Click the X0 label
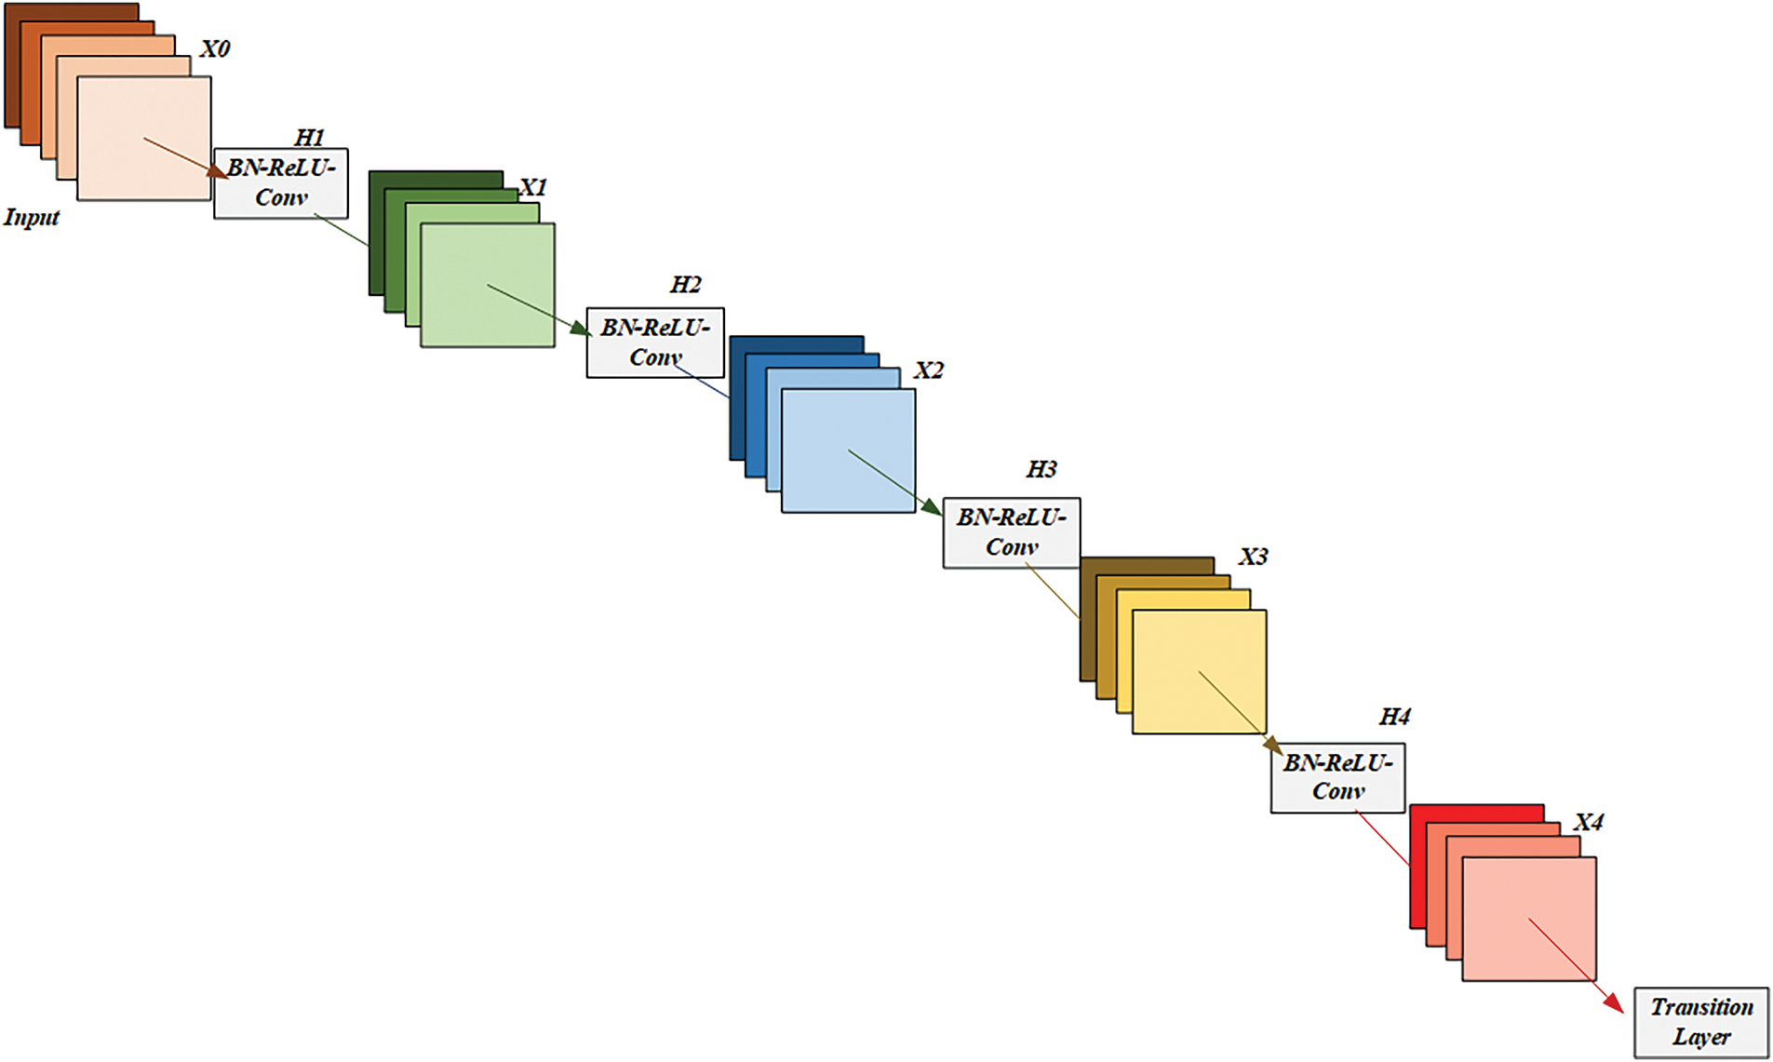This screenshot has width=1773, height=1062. (215, 48)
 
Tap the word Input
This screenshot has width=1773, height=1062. (32, 218)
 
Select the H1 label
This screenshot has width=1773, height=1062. (310, 138)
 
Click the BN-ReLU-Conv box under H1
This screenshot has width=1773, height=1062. (281, 183)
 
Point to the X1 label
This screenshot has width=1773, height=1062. (533, 187)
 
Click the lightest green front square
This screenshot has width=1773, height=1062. (488, 285)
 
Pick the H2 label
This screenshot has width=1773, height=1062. (686, 285)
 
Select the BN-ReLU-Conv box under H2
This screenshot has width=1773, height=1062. (655, 343)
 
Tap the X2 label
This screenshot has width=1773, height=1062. (929, 370)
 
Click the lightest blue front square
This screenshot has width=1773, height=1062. (849, 450)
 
